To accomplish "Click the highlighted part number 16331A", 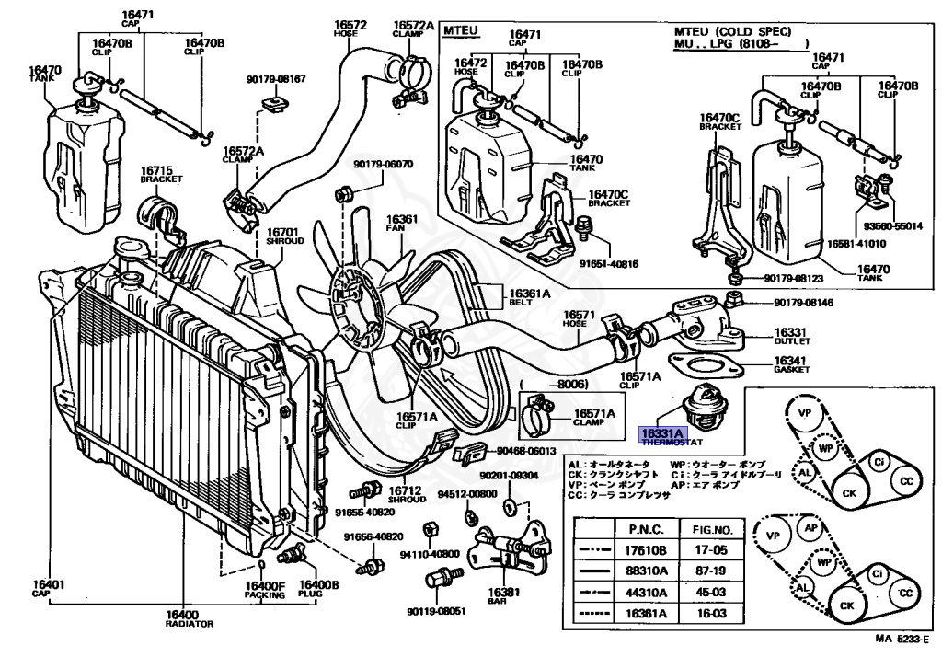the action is pos(662,434).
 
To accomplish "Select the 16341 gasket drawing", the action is pos(705,366).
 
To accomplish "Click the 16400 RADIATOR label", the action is pos(190,619).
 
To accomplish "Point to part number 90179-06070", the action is pos(383,164).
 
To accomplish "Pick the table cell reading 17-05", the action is pos(711,549).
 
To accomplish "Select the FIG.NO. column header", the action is pos(713,530).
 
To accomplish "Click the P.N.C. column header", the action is pos(647,530).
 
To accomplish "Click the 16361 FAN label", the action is pos(402,224).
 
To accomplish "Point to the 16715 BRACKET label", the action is pos(161,174).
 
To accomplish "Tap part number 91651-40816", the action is pos(609,264).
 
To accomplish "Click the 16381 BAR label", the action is pos(503,595).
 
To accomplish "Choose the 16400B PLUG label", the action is pos(319,589).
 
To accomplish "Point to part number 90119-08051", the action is pos(436,611).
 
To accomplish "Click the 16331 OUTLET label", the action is pos(791,337).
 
